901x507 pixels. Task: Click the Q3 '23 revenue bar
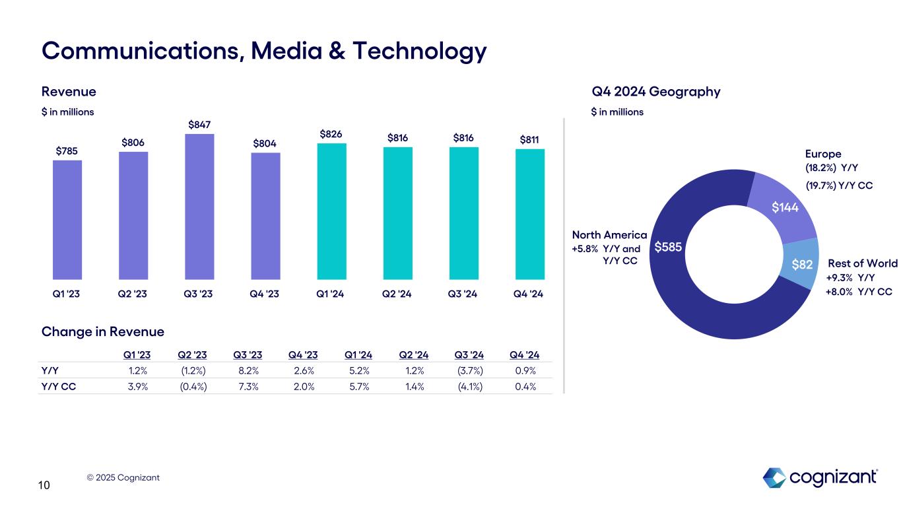click(x=200, y=207)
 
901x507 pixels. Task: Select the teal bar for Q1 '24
click(x=332, y=211)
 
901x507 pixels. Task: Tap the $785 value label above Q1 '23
click(x=67, y=151)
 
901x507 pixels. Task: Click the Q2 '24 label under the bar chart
click(x=398, y=293)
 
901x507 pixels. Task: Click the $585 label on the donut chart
click(x=667, y=248)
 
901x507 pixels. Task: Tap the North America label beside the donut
click(x=609, y=235)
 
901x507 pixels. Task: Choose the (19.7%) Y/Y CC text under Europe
click(x=839, y=186)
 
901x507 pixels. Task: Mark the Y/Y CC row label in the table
click(x=58, y=386)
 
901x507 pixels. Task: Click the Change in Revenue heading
click(x=103, y=331)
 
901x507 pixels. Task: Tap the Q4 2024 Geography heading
click(x=655, y=91)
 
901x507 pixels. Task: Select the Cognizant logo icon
click(x=774, y=478)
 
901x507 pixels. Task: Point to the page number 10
click(x=44, y=486)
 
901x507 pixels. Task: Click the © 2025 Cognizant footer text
click(x=123, y=477)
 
